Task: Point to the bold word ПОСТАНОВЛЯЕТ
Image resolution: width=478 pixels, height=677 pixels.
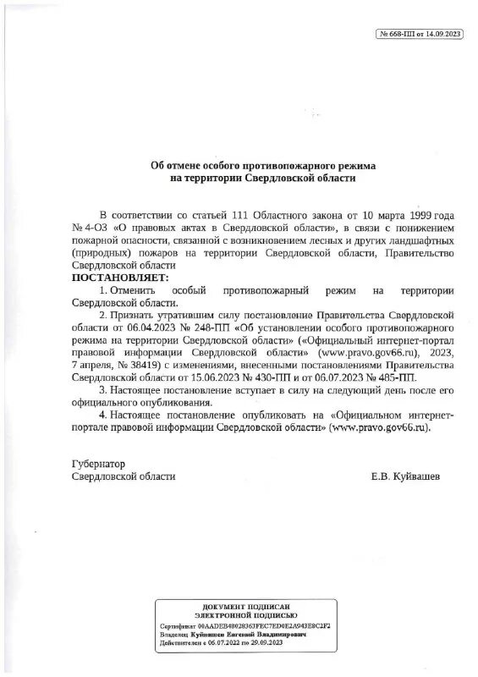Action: pyautogui.click(x=120, y=278)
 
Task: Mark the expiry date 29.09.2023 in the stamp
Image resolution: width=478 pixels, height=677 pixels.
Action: pyautogui.click(x=262, y=643)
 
